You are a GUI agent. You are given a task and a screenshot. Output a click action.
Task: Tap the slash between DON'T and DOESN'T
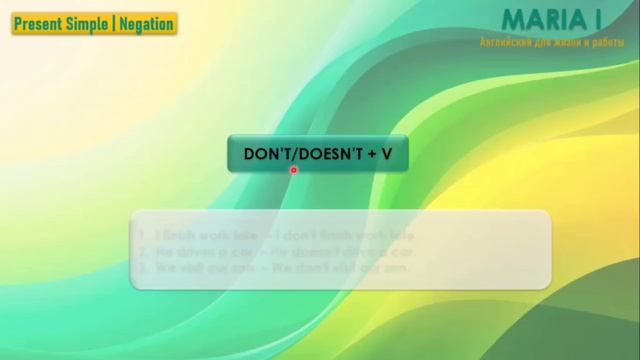pos(291,154)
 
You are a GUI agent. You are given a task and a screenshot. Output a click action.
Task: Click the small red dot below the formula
pos(294,170)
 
